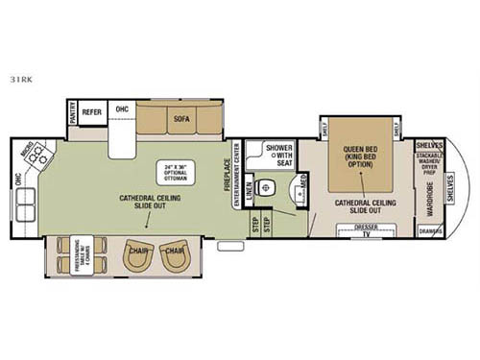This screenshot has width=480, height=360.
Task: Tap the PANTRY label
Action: point(72,111)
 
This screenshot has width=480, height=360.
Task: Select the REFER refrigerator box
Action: point(92,111)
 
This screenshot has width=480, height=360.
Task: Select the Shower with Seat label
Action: point(279,154)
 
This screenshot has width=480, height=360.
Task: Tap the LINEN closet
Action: point(248,189)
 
